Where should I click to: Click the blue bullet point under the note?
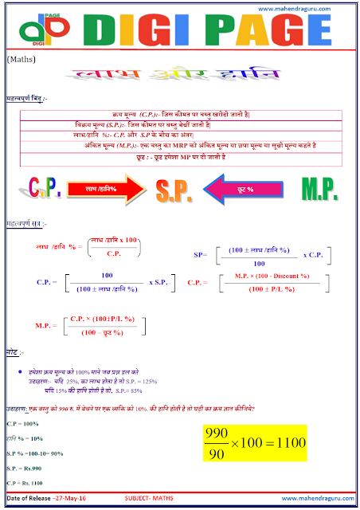pyautogui.click(x=18, y=372)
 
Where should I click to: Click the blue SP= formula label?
pyautogui.click(x=199, y=254)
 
